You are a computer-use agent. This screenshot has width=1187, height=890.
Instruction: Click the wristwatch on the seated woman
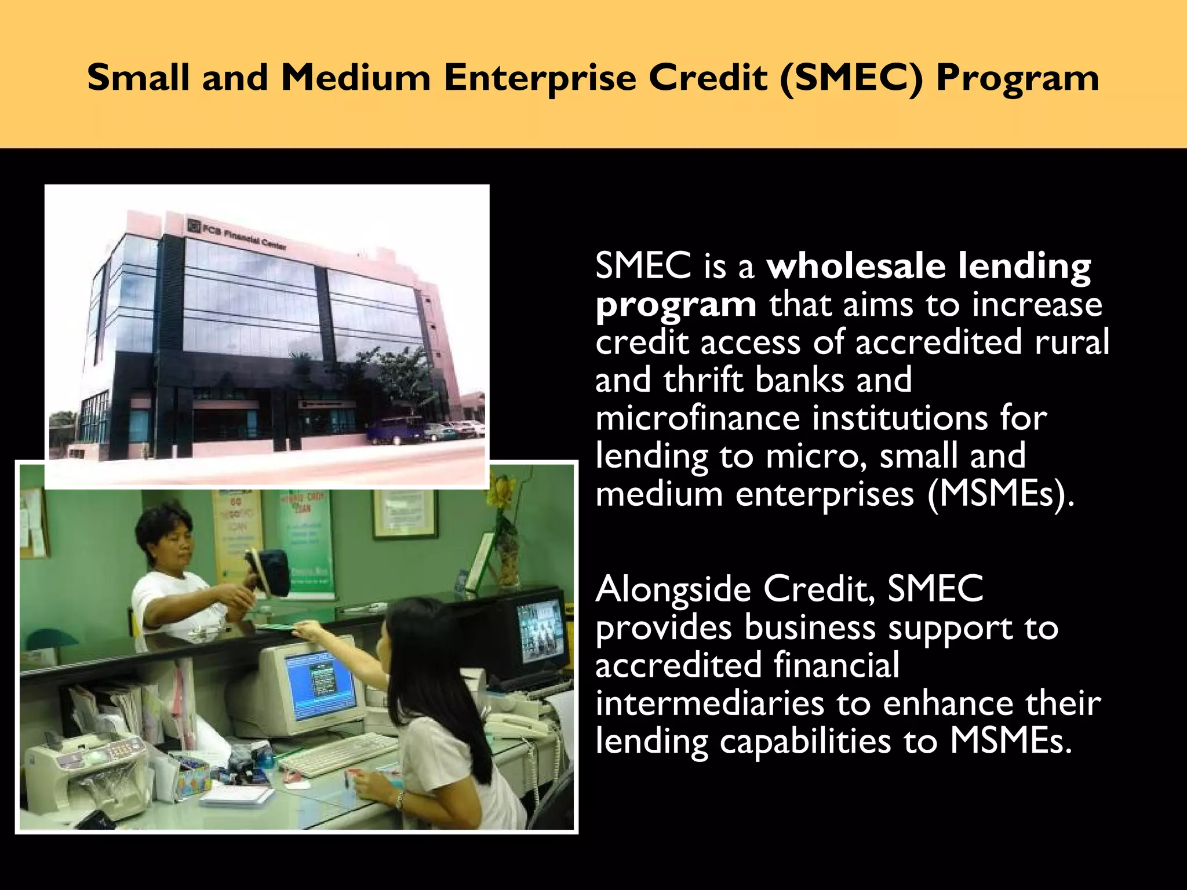coord(399,800)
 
